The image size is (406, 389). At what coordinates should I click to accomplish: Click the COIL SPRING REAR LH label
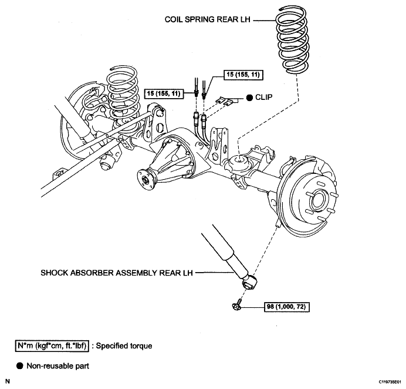tap(208, 20)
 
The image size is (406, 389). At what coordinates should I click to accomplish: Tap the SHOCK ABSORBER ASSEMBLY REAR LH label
tap(117, 273)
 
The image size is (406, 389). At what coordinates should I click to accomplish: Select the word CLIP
tap(263, 98)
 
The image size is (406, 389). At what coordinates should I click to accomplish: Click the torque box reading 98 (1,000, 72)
tap(287, 307)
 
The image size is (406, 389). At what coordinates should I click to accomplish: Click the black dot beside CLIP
tap(249, 98)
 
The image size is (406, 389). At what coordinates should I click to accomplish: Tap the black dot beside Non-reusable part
tap(20, 366)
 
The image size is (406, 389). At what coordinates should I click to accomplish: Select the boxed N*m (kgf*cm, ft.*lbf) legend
tap(52, 346)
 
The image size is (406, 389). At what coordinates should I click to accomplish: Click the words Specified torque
tap(124, 346)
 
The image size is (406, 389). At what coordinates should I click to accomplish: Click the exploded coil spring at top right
tap(292, 39)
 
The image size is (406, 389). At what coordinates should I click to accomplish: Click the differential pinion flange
tap(146, 179)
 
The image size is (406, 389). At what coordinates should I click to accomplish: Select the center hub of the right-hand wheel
tap(318, 199)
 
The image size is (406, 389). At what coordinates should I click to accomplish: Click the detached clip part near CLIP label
tap(225, 100)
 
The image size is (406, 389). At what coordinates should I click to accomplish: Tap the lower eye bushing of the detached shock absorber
tap(249, 283)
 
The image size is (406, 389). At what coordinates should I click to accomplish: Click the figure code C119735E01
tap(390, 382)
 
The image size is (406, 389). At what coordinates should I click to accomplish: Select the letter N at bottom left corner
tap(8, 381)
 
